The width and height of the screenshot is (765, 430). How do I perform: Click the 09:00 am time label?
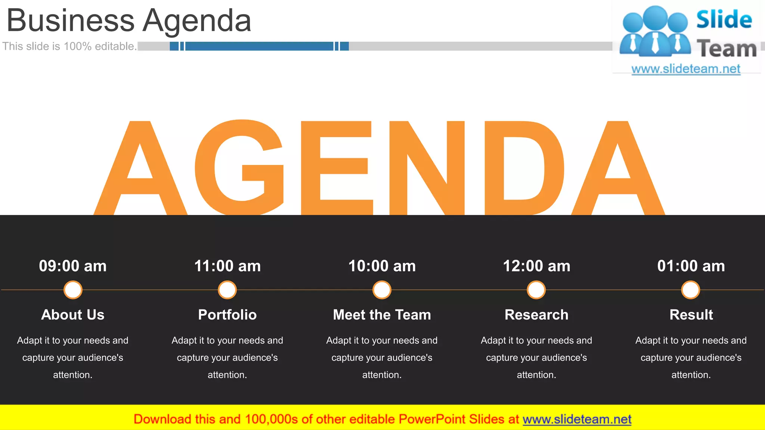point(73,266)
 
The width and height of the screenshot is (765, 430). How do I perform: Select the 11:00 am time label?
point(227,266)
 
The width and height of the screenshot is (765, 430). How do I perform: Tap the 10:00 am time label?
point(382,266)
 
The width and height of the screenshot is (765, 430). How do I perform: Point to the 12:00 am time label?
point(536,266)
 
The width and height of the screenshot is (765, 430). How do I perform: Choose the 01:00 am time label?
point(691,266)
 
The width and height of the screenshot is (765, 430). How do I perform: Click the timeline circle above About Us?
point(73,290)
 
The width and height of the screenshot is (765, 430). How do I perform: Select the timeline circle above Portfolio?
point(227,290)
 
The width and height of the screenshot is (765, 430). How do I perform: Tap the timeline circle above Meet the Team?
point(382,290)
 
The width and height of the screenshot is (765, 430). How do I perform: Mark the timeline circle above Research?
point(536,290)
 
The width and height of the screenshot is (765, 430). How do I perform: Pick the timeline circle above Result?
point(691,290)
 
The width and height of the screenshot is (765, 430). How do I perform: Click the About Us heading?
point(73,315)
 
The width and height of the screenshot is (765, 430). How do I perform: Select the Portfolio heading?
point(227,315)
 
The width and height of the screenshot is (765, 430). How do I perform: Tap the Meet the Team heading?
point(382,315)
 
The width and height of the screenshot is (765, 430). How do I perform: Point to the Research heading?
point(536,315)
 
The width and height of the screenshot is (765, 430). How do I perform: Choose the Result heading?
point(691,315)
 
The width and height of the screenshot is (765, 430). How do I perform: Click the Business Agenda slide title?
point(129,21)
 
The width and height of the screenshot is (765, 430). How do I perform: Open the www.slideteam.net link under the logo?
point(686,69)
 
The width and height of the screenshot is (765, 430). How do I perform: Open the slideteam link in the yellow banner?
point(577,419)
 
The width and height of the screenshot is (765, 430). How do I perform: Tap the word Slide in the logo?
point(724,19)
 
